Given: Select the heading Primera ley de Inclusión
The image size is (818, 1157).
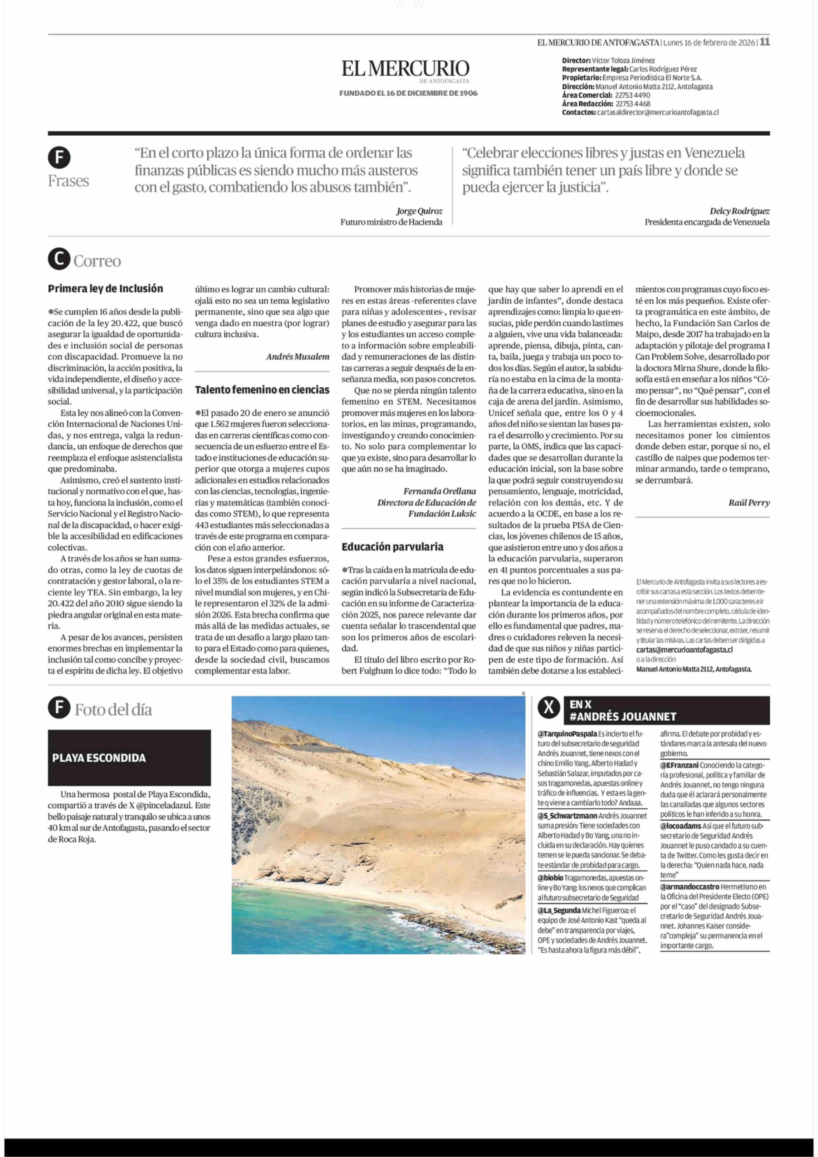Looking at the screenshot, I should pyautogui.click(x=105, y=289).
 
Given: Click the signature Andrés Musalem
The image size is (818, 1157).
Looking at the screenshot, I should pyautogui.click(x=297, y=357).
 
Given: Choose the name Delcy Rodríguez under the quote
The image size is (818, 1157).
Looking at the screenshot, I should pyautogui.click(x=739, y=211).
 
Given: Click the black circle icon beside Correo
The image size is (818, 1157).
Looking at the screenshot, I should pyautogui.click(x=59, y=260).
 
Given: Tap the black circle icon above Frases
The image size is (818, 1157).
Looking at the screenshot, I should pyautogui.click(x=59, y=158).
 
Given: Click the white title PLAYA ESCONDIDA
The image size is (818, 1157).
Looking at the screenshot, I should pyautogui.click(x=99, y=758).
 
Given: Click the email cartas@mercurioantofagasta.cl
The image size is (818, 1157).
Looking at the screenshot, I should pyautogui.click(x=684, y=650).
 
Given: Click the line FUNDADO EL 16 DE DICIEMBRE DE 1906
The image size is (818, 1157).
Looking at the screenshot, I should pyautogui.click(x=408, y=93).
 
